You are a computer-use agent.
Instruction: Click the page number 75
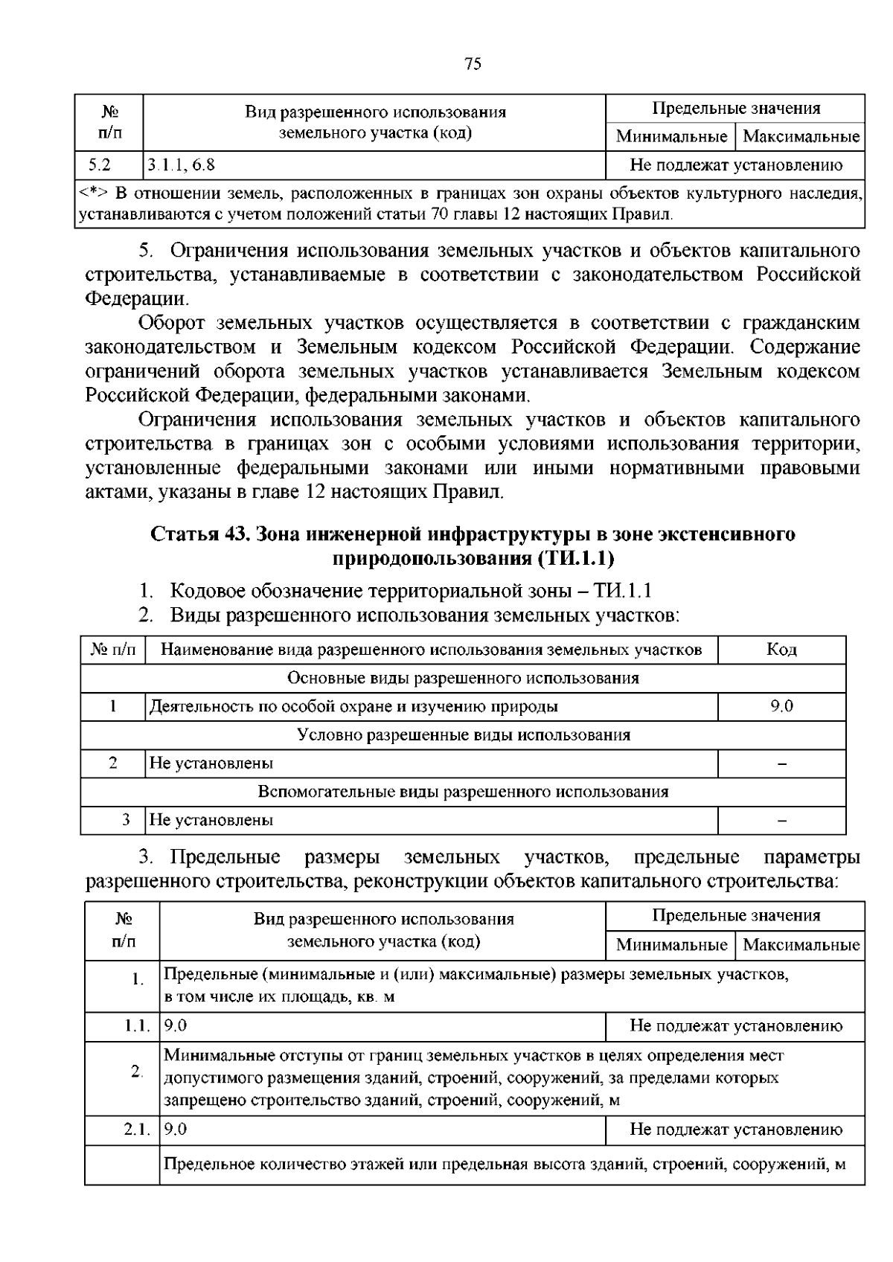pyautogui.click(x=473, y=64)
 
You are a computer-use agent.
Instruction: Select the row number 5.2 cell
pyautogui.click(x=97, y=165)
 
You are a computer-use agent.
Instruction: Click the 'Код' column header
pyautogui.click(x=781, y=650)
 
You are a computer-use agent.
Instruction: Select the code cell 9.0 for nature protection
pyautogui.click(x=781, y=706)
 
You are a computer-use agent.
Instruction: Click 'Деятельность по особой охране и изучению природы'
pyautogui.click(x=353, y=706)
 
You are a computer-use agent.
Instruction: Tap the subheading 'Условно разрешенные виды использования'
pyautogui.click(x=464, y=735)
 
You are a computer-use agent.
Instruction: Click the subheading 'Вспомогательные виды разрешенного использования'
pyautogui.click(x=464, y=792)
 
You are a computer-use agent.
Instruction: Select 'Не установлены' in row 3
pyautogui.click(x=211, y=820)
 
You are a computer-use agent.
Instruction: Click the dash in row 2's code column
pyautogui.click(x=781, y=763)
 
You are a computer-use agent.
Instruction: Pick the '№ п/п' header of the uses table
pyautogui.click(x=113, y=650)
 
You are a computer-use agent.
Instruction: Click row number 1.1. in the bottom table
pyautogui.click(x=138, y=1026)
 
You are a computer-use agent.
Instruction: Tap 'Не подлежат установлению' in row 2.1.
pyautogui.click(x=735, y=1130)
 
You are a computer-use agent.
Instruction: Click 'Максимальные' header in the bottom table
pyautogui.click(x=801, y=945)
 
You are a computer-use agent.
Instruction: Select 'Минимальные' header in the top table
pyautogui.click(x=671, y=137)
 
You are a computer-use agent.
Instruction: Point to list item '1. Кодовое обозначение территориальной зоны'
pyautogui.click(x=394, y=591)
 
